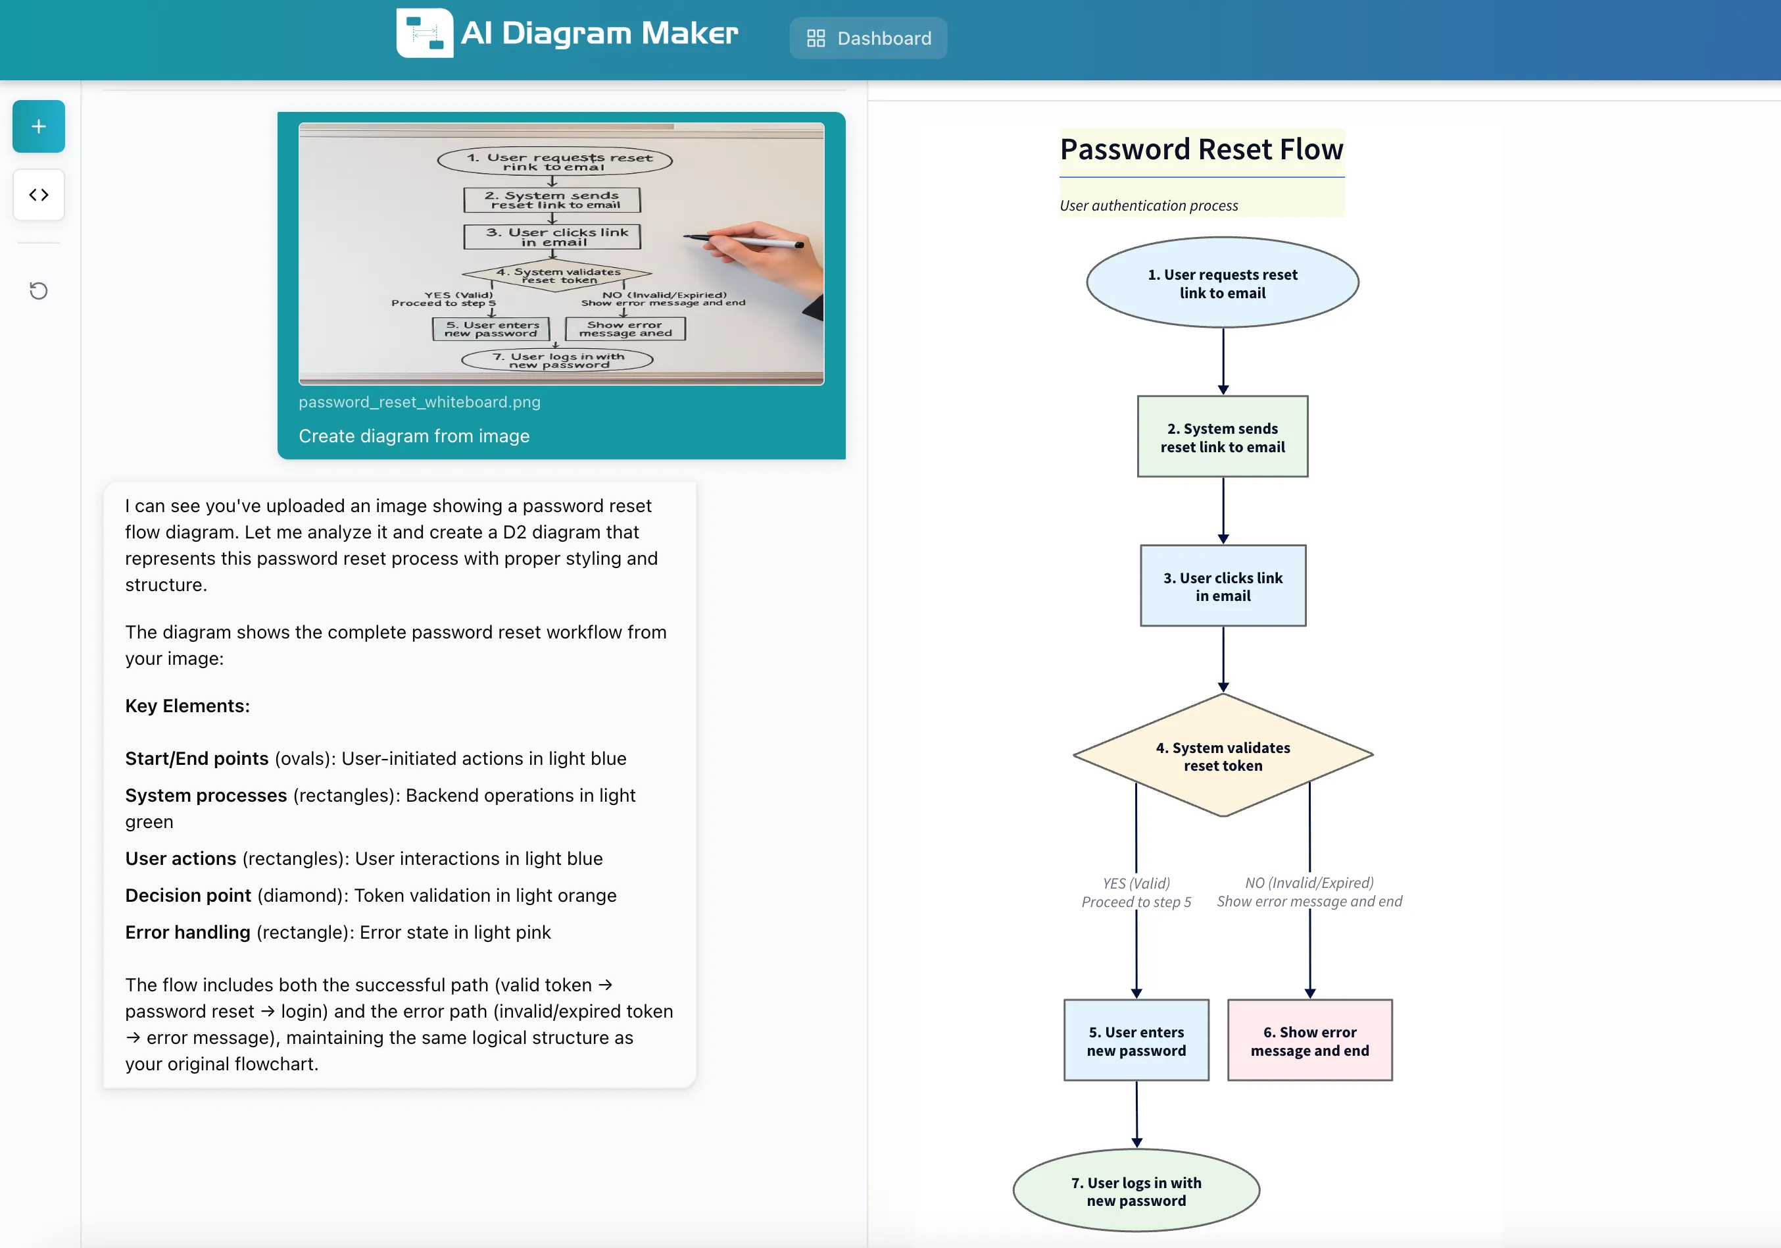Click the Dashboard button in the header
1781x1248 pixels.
(868, 38)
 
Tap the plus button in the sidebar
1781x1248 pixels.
(39, 126)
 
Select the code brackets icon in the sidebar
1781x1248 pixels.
(39, 195)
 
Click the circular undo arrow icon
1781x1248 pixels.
(39, 291)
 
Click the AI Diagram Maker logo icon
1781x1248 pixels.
(424, 34)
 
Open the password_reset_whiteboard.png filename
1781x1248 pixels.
(419, 402)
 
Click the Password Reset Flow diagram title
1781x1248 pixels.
(1201, 149)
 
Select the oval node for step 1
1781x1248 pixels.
(1222, 283)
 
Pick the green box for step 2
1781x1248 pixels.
(1222, 437)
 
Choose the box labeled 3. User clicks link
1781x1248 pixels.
(1223, 586)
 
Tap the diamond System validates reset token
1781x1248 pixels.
(1223, 756)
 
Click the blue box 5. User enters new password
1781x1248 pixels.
(1136, 1041)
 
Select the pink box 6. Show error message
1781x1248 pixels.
(1309, 1041)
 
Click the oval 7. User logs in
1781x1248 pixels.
(1136, 1191)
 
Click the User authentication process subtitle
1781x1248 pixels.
(1148, 205)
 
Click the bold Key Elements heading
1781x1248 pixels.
(187, 706)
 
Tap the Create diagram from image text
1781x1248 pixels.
(414, 436)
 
